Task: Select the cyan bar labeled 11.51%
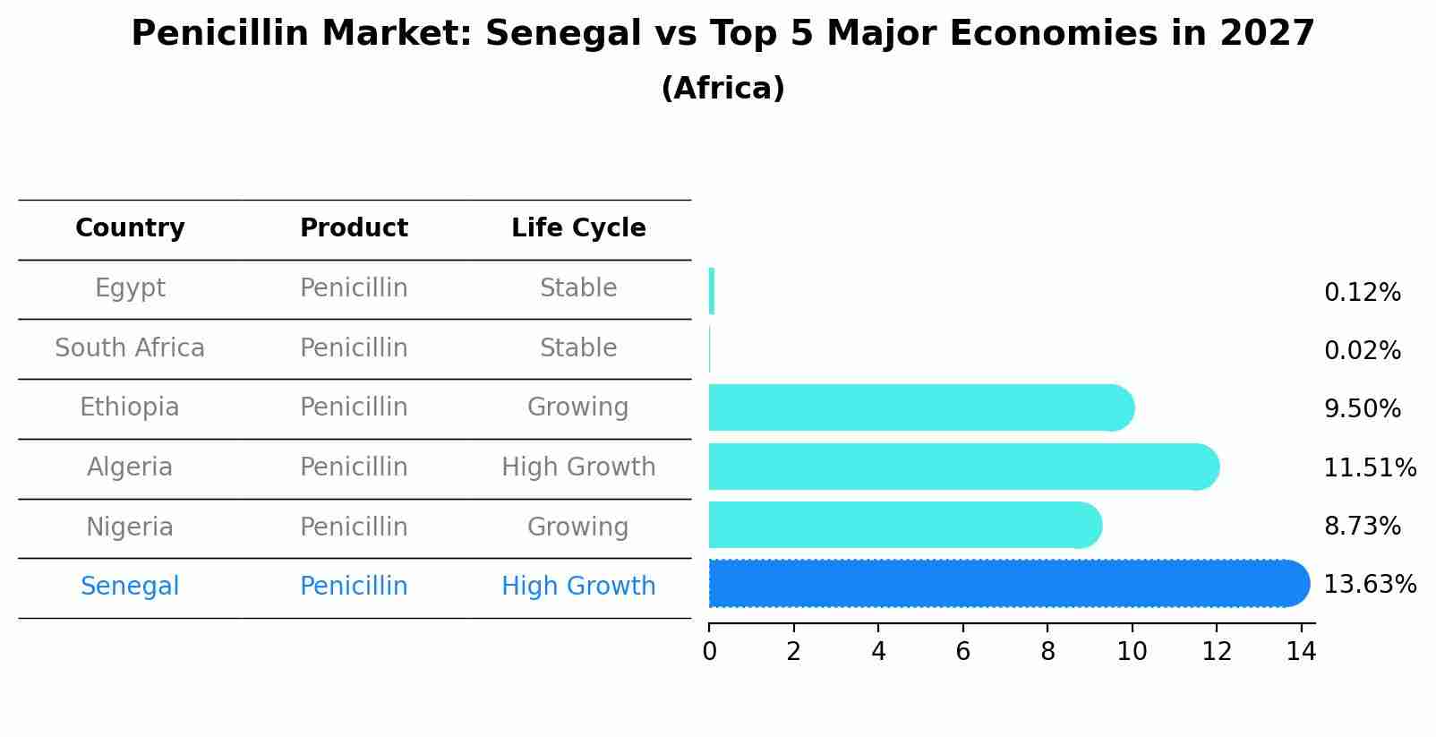(x=962, y=467)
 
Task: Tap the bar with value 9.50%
(x=920, y=407)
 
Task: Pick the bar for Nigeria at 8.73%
(x=904, y=525)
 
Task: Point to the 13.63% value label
(x=1370, y=585)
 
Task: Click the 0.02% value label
(x=1362, y=351)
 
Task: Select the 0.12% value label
(x=1362, y=293)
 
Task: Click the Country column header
(x=130, y=228)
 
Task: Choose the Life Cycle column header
(x=578, y=228)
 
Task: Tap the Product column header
(x=354, y=228)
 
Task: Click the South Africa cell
(x=130, y=347)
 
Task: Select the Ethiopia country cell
(x=130, y=407)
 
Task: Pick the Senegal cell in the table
(x=130, y=587)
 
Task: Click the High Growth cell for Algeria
(x=578, y=467)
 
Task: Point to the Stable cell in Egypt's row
(x=578, y=288)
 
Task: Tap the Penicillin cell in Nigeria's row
(x=354, y=527)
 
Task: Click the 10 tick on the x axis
(x=1132, y=652)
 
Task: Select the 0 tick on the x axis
(x=709, y=652)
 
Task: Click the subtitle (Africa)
(x=722, y=89)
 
